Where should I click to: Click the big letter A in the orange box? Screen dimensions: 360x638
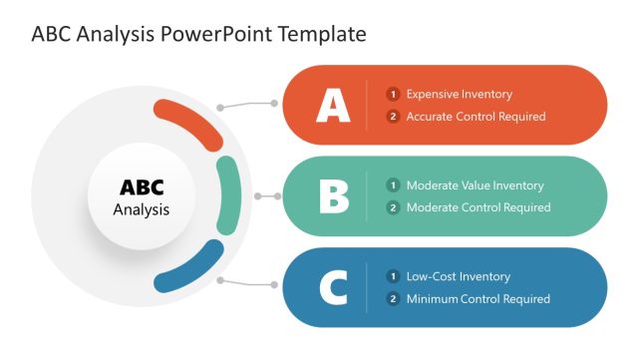[x=333, y=105]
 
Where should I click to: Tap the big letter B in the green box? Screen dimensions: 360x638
[x=334, y=195]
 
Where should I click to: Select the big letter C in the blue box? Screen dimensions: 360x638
[x=333, y=287]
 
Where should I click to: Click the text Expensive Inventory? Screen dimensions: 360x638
[x=459, y=94]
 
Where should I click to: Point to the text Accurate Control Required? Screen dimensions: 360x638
[x=476, y=117]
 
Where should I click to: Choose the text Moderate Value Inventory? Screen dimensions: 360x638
[x=475, y=185]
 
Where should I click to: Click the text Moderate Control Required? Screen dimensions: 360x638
[x=478, y=207]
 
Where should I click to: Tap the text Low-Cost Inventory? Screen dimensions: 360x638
[x=458, y=276]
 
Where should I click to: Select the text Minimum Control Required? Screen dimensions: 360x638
[x=478, y=299]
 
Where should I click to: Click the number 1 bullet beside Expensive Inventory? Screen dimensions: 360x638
[x=394, y=94]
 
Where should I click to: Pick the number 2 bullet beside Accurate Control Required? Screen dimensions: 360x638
[x=394, y=117]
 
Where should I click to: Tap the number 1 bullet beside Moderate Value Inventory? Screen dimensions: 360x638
[x=394, y=185]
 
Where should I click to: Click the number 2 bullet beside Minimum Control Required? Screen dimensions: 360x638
[x=394, y=299]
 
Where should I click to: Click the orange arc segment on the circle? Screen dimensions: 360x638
[x=191, y=122]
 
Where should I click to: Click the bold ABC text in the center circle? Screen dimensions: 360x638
[x=142, y=187]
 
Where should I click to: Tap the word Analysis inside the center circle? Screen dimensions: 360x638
[x=142, y=210]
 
